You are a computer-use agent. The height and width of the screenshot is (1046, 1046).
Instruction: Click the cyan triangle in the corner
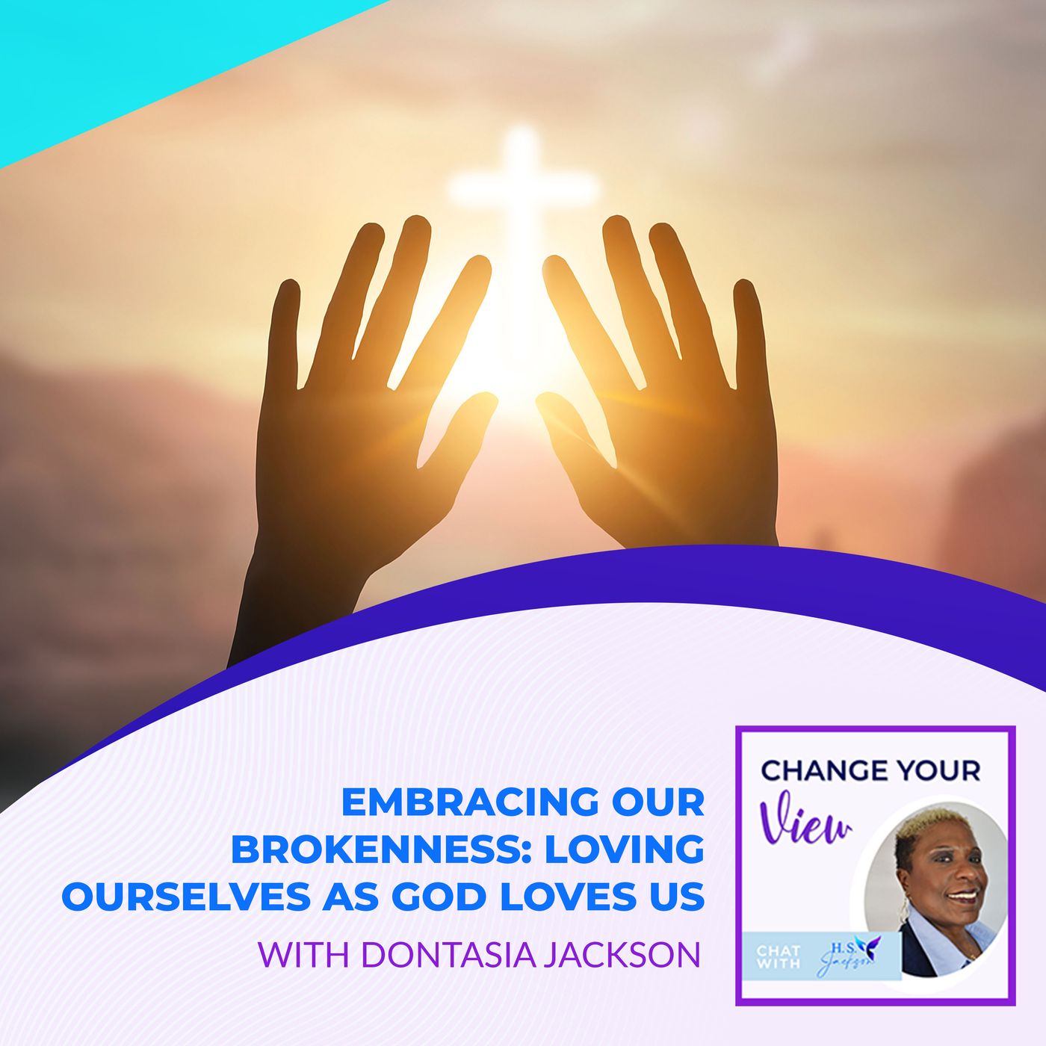[x=112, y=52]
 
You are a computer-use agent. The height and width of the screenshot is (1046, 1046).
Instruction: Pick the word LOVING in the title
[x=625, y=850]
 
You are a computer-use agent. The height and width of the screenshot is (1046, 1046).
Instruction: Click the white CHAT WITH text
[x=779, y=956]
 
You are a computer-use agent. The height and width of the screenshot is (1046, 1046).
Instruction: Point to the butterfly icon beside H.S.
[x=867, y=943]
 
